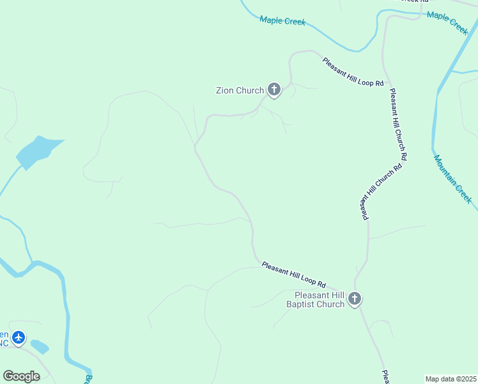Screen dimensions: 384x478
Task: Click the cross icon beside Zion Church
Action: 274,90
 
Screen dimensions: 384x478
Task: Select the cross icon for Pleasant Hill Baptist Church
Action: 355,299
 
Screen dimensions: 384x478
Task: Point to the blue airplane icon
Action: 19,337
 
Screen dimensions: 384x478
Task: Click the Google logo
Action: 21,376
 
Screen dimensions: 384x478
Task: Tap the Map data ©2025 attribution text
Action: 451,379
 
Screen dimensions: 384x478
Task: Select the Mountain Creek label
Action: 452,179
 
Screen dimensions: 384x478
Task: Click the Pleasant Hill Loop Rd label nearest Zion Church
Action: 353,72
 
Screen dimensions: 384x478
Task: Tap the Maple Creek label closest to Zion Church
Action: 282,20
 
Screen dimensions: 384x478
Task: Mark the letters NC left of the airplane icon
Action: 4,342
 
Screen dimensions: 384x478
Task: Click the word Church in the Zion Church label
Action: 250,90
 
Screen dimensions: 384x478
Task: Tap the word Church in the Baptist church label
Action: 330,304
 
